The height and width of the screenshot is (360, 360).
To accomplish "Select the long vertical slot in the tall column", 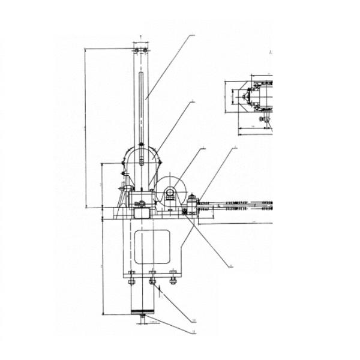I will [140, 108].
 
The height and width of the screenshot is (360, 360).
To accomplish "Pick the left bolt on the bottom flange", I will [131, 277].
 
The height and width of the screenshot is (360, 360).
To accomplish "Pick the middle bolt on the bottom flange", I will [152, 277].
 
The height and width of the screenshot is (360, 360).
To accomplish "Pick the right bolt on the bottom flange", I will [173, 277].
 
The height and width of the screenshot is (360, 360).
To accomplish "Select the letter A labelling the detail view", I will [271, 53].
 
